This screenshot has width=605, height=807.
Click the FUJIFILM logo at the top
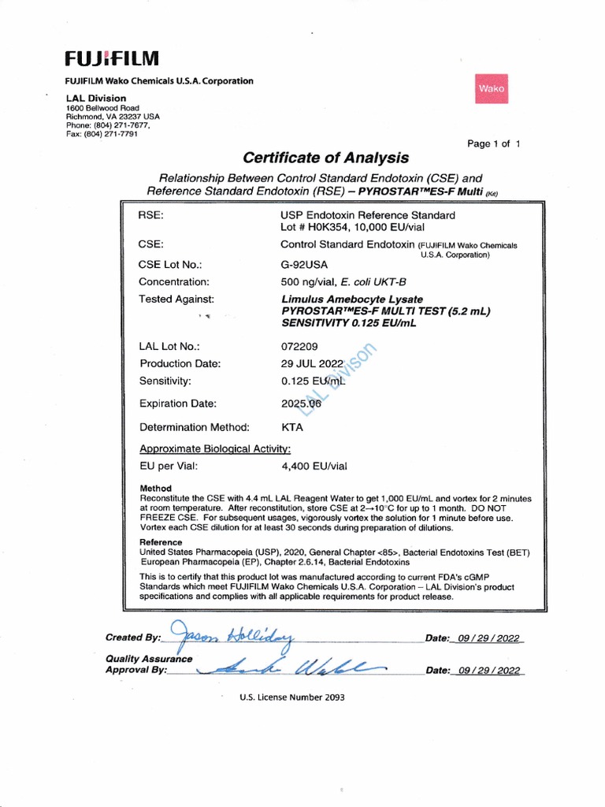112,59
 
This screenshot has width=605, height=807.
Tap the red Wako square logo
491,89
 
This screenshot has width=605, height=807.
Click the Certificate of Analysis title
325,158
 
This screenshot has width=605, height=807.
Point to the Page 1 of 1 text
494,143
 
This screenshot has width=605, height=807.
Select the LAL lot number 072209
299,346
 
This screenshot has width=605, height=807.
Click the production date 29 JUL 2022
313,363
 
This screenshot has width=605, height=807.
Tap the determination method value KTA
292,427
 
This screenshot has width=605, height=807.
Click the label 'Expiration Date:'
177,403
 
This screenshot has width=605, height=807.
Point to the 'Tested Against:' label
176,299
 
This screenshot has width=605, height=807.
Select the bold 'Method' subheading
155,489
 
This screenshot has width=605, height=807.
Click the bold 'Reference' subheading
161,542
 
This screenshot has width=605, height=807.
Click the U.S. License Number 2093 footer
292,697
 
